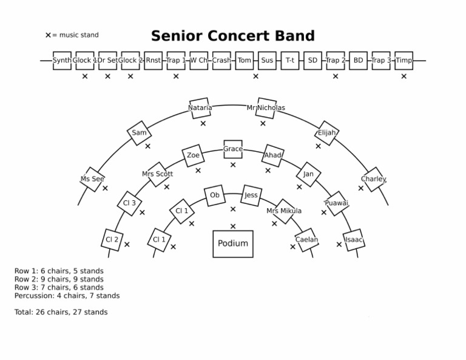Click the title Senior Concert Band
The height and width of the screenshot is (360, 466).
(x=233, y=36)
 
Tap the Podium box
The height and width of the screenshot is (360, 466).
(x=233, y=243)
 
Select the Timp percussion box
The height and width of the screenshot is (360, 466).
(x=404, y=61)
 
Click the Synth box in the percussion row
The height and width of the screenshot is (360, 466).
(x=62, y=61)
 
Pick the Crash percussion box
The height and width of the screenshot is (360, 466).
(x=221, y=61)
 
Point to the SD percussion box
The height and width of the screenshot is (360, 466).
(x=312, y=61)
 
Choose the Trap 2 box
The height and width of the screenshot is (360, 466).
(x=336, y=61)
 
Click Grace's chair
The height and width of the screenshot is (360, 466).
(x=233, y=149)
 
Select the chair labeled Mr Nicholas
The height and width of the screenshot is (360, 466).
(x=266, y=107)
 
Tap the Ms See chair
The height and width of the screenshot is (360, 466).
(x=92, y=179)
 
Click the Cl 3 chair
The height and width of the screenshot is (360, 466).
(x=129, y=203)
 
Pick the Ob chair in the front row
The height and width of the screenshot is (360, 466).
(x=214, y=195)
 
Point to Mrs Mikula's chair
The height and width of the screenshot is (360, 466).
(x=284, y=211)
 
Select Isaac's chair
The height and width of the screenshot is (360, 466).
(x=354, y=240)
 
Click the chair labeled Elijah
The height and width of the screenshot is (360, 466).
(x=326, y=133)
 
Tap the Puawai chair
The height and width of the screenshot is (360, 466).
(x=336, y=203)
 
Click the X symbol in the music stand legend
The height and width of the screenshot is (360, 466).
(x=48, y=35)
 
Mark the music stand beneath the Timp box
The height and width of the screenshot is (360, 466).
(x=404, y=76)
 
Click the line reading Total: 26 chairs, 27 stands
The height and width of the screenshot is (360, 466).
(x=61, y=312)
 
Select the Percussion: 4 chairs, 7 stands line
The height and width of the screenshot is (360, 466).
(x=67, y=296)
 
